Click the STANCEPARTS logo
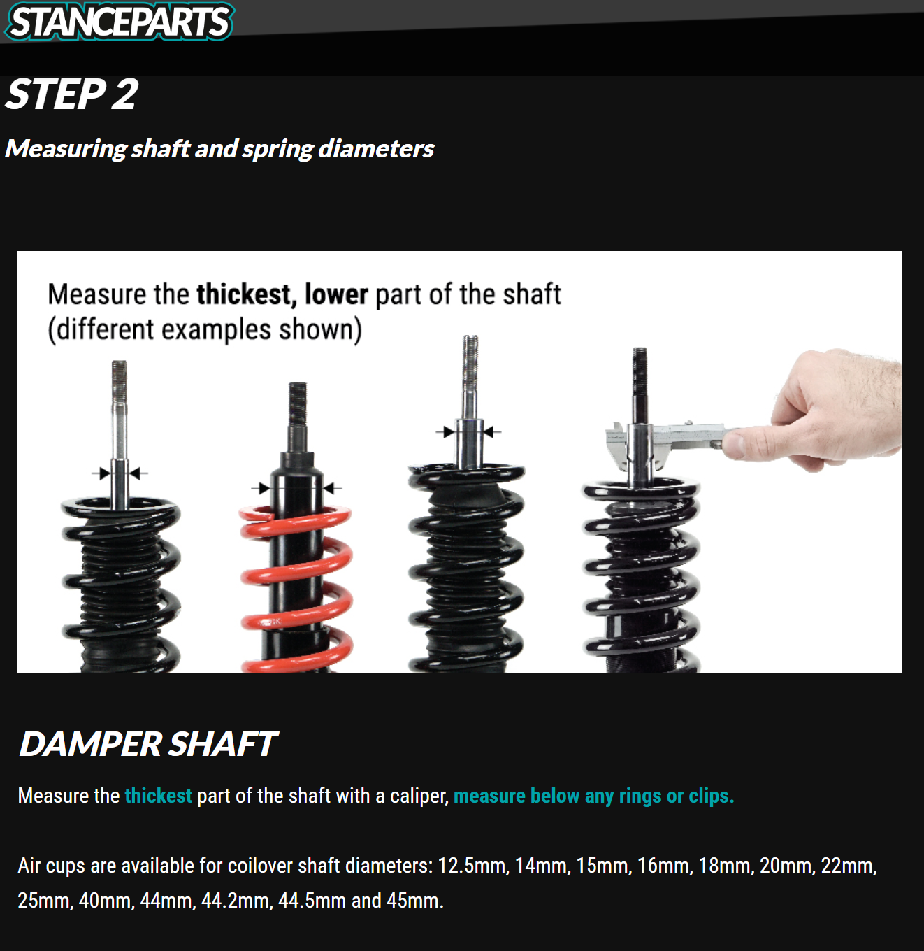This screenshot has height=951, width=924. point(120,22)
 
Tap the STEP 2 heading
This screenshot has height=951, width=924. point(72,94)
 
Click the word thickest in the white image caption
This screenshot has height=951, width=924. point(246,294)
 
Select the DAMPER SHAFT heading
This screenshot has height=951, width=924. point(148,744)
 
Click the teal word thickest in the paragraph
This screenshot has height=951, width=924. point(158,796)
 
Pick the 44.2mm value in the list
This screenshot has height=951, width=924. point(236,901)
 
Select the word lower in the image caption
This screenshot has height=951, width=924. point(336,294)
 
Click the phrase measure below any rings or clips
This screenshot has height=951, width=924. point(594,796)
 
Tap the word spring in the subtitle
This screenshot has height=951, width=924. point(277,150)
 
